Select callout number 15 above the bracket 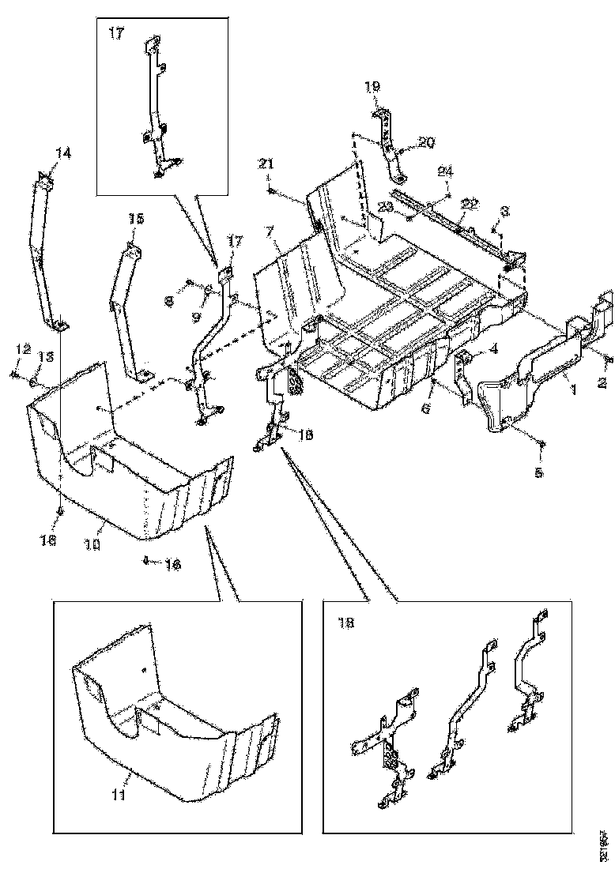(x=137, y=219)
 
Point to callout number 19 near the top (x=372, y=86)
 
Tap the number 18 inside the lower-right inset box (x=345, y=623)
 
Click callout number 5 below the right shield (x=540, y=474)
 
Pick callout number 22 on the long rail (x=471, y=203)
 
